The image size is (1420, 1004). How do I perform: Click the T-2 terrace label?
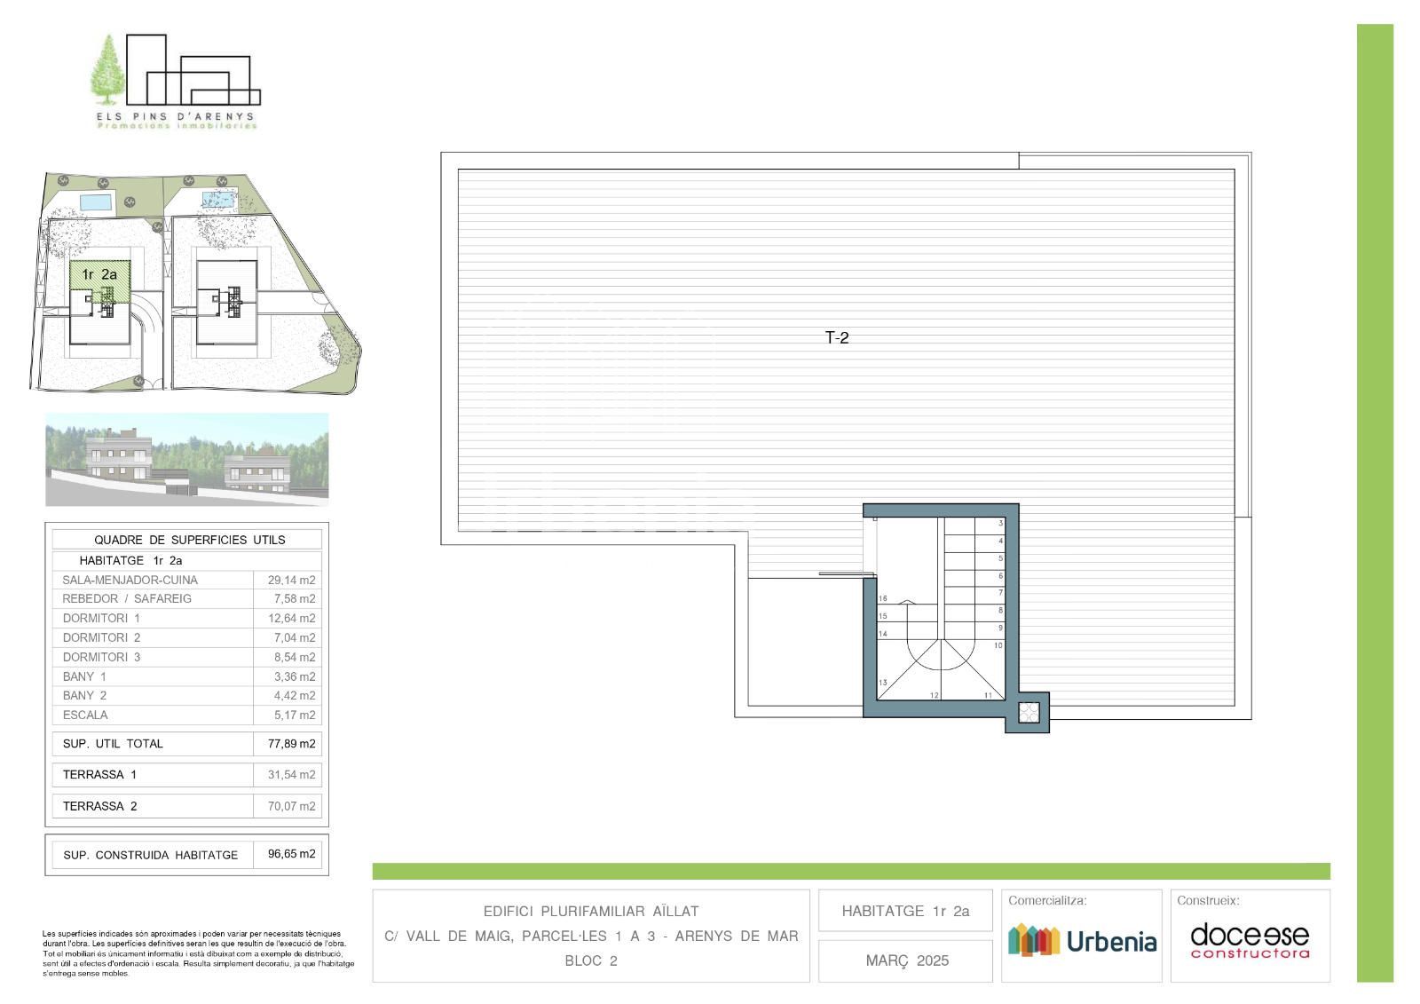pyautogui.click(x=837, y=338)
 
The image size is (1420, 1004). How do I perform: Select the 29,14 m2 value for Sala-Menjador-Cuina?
pyautogui.click(x=292, y=580)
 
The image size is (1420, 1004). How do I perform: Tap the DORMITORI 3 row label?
pyautogui.click(x=101, y=657)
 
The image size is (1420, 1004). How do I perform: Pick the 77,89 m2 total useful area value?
pyautogui.click(x=292, y=743)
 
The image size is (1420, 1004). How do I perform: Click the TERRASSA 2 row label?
pyautogui.click(x=99, y=806)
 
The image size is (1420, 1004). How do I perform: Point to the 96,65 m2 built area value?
pyautogui.click(x=292, y=854)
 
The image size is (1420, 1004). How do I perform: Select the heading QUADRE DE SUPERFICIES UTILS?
pyautogui.click(x=190, y=540)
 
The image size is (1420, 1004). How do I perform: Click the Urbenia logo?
pyautogui.click(x=1082, y=941)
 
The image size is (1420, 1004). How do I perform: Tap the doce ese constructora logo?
pyautogui.click(x=1250, y=941)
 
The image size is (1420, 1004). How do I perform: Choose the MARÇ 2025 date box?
pyautogui.click(x=905, y=961)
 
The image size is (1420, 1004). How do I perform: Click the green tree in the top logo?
pyautogui.click(x=108, y=70)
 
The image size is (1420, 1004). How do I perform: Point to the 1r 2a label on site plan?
pyautogui.click(x=99, y=274)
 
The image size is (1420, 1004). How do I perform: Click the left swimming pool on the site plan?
pyautogui.click(x=96, y=202)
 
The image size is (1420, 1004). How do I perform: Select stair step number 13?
pyautogui.click(x=882, y=683)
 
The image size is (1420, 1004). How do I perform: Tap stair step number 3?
pyautogui.click(x=1001, y=523)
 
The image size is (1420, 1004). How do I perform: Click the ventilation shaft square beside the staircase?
pyautogui.click(x=1029, y=712)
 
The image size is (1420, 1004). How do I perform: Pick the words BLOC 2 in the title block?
pyautogui.click(x=591, y=961)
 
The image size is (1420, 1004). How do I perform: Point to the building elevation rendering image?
pyautogui.click(x=187, y=460)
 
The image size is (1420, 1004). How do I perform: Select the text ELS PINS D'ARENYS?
pyautogui.click(x=176, y=116)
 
